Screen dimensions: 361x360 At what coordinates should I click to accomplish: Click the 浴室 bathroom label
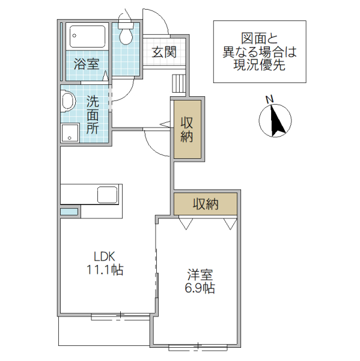pyautogui.click(x=86, y=64)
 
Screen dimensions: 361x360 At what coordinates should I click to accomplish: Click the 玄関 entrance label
pyautogui.click(x=163, y=52)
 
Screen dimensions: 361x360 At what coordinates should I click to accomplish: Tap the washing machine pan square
pyautogui.click(x=70, y=133)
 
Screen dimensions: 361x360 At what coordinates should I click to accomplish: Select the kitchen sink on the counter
pyautogui.click(x=107, y=195)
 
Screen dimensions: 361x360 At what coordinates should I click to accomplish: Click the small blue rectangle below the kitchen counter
pyautogui.click(x=69, y=212)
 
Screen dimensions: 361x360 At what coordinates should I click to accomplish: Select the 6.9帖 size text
pyautogui.click(x=199, y=288)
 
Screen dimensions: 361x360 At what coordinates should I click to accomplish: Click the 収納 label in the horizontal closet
pyautogui.click(x=206, y=204)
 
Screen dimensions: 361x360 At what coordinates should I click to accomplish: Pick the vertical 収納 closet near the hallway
pyautogui.click(x=187, y=128)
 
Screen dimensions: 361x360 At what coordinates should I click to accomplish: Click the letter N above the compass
pyautogui.click(x=270, y=99)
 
